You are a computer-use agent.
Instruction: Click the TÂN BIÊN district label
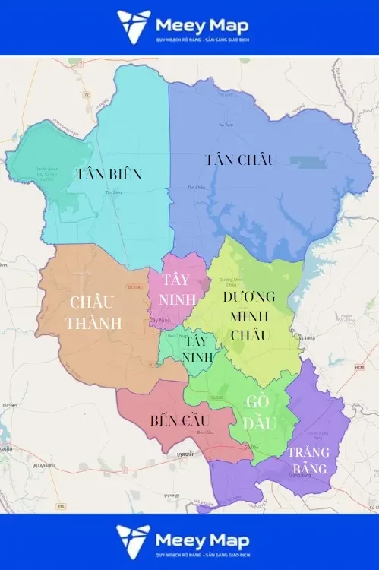point(109,174)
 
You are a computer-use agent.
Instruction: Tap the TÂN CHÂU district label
point(240,160)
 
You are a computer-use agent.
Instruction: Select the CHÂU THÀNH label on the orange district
point(93,312)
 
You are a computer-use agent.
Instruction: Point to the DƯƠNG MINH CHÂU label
point(248,315)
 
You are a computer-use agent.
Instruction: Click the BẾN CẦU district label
point(180,420)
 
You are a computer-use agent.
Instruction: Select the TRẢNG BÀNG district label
point(308,461)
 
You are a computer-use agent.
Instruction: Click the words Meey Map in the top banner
point(202,24)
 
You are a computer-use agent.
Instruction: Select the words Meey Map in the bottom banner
point(202,539)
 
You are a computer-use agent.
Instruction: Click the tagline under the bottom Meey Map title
point(202,554)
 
